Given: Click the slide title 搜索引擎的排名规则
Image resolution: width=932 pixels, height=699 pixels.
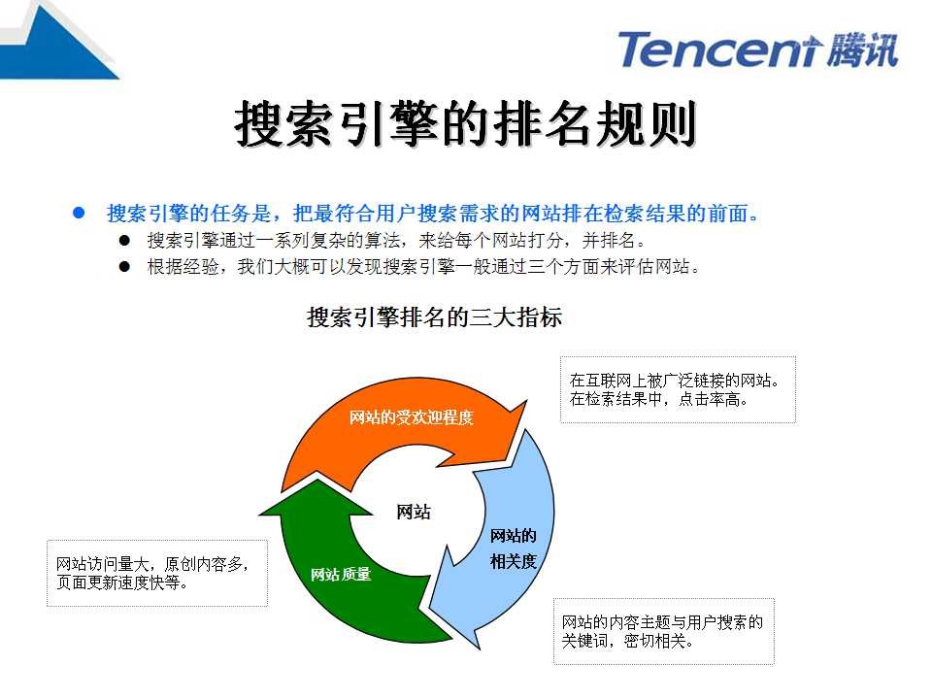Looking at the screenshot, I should [466, 126].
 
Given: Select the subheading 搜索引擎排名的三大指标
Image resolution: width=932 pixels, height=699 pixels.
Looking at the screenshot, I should [434, 317].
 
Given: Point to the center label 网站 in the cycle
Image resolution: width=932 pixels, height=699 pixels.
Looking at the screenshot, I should [414, 513].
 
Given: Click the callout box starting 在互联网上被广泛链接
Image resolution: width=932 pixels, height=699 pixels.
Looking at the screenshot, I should [678, 389].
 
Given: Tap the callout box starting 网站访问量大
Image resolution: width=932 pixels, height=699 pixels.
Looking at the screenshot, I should [157, 573].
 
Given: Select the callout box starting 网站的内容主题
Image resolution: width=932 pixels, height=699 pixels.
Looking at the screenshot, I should [663, 631].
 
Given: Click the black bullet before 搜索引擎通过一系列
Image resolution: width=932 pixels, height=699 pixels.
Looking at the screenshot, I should [125, 240].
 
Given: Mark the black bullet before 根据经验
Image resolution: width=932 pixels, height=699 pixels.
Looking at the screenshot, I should [125, 266].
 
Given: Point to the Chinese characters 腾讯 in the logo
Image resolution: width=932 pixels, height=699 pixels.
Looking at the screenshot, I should [864, 50].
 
